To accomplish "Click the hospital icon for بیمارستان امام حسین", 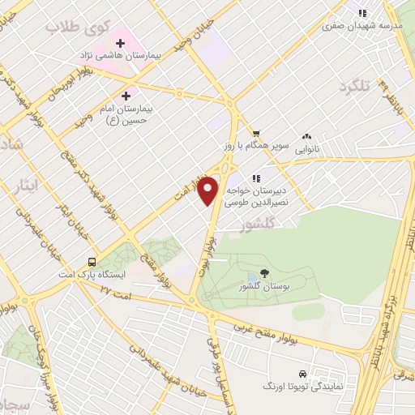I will coord(126,95).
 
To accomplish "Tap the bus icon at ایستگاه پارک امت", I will coord(92,263).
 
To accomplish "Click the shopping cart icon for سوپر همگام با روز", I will coord(255,135).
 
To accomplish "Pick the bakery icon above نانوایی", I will coord(307,137).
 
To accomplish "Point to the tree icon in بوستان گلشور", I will coord(264,274).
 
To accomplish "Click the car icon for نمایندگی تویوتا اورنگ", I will coord(302,374).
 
